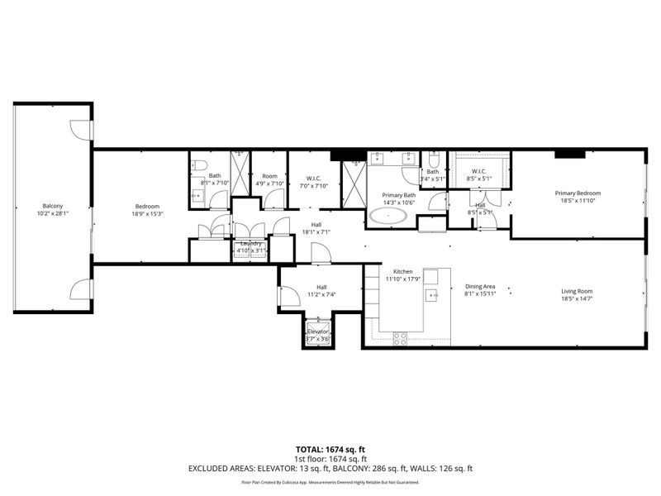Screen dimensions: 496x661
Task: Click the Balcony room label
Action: click(x=53, y=206)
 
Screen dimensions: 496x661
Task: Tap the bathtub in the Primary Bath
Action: click(x=388, y=217)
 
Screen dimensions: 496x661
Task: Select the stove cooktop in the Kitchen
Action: click(x=399, y=336)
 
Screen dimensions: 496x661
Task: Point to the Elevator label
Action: click(x=318, y=332)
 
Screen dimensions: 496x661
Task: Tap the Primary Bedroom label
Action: click(x=578, y=193)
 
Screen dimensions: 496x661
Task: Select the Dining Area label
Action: click(x=478, y=286)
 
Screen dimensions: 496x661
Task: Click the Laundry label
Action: click(x=250, y=243)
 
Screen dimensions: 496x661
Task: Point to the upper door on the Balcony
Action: click(x=80, y=130)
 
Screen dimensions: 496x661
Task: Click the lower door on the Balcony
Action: click(x=80, y=289)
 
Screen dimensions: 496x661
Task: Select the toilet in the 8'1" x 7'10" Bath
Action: click(x=198, y=165)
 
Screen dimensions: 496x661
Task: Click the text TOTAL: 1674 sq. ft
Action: click(x=330, y=449)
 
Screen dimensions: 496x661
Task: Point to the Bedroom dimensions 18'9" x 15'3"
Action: click(x=147, y=214)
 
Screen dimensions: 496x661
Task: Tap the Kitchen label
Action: click(x=402, y=271)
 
